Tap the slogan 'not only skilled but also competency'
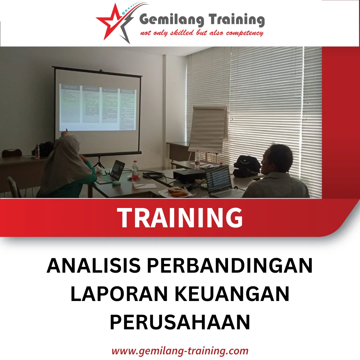[x=202, y=33]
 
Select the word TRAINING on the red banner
[x=180, y=218]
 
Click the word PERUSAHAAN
[x=180, y=322]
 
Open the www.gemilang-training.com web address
[x=180, y=351]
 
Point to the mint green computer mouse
[x=116, y=183]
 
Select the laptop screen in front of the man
[x=218, y=180]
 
